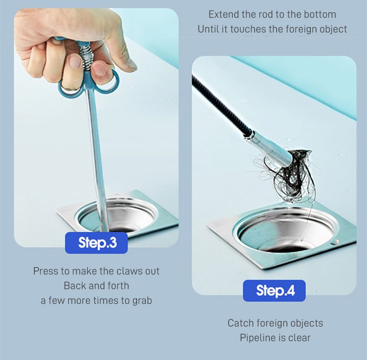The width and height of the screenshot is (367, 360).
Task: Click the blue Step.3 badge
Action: tap(96, 243)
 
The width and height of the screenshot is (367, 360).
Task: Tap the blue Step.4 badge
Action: tap(274, 291)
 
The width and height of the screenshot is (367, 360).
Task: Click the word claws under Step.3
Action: tap(130, 271)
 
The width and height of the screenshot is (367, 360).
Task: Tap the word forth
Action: tap(118, 286)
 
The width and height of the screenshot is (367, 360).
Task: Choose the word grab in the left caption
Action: tap(142, 301)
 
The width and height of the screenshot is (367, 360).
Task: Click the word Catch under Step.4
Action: tap(241, 323)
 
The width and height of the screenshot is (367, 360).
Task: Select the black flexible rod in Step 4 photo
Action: tap(220, 105)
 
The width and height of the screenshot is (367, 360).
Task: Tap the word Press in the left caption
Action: tap(46, 271)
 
